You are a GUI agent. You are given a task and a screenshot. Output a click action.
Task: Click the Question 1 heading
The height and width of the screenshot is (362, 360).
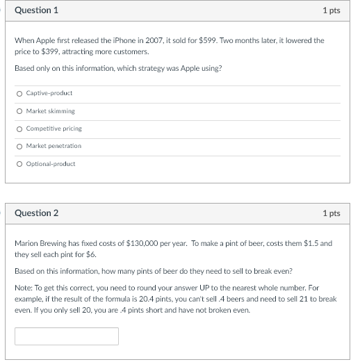(x=36, y=10)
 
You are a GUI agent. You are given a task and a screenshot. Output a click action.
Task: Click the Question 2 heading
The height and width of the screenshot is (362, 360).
(x=36, y=213)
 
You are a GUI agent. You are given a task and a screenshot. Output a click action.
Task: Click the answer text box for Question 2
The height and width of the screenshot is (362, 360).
(x=66, y=336)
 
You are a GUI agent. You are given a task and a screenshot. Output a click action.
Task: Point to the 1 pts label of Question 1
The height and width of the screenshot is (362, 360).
(x=331, y=10)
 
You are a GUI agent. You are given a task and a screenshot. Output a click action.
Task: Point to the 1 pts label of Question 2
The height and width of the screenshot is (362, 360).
(x=331, y=213)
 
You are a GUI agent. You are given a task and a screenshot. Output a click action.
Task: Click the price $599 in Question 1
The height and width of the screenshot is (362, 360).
(x=208, y=40)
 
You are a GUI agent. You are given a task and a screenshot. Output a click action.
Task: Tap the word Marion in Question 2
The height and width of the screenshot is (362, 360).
(x=26, y=244)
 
